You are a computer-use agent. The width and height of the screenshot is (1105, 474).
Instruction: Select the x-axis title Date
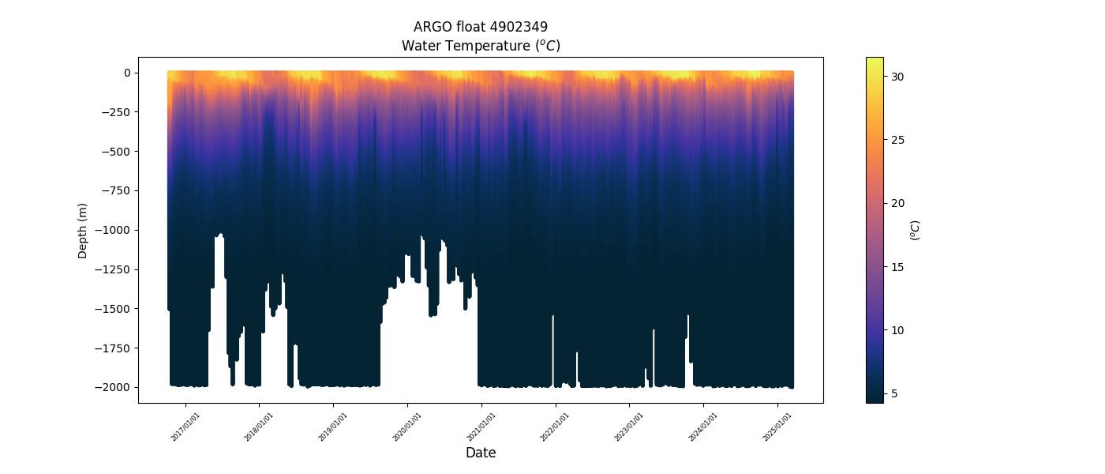coord(481,453)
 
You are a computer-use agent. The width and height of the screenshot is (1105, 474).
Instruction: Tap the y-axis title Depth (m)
coord(83,230)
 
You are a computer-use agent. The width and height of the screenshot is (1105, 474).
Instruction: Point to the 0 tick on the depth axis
coord(126,73)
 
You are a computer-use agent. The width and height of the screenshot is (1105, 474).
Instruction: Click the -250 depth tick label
coord(117,112)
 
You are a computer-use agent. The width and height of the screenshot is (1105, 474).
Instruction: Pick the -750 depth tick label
coord(117,190)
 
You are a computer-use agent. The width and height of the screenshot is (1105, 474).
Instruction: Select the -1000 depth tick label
coord(114,230)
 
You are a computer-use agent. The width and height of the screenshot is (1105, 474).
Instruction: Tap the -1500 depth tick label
coord(114,309)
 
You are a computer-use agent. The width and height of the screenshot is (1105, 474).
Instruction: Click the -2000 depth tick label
coord(114,387)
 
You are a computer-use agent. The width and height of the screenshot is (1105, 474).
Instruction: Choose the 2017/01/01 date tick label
coord(185,427)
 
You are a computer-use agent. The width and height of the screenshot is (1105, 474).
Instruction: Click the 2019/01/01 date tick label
coord(332,427)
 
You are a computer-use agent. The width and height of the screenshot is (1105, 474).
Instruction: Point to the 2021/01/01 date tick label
coord(481,427)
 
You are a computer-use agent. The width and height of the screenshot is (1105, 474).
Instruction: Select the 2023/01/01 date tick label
coord(628,427)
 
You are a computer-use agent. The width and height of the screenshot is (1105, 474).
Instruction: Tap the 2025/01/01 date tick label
coord(777,427)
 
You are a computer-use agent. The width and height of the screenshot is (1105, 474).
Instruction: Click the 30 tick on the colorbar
coord(897,77)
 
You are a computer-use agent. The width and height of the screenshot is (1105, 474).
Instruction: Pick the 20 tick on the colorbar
coord(897,203)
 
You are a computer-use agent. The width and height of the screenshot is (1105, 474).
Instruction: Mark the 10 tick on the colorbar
coord(897,330)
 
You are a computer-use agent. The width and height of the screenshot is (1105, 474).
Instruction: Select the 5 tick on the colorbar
coord(895,393)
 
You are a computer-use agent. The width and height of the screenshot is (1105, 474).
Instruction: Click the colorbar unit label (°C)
coord(916,230)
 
